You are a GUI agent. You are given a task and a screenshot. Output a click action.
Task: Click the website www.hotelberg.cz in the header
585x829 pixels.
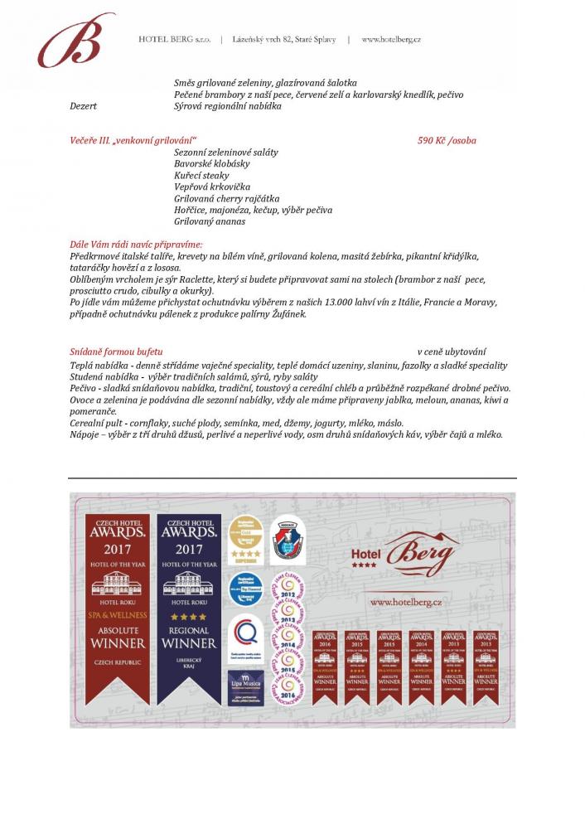click(x=391, y=39)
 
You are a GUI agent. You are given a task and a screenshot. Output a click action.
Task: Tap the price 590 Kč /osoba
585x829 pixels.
click(x=447, y=141)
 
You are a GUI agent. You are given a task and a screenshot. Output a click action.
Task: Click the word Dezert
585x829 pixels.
click(x=83, y=107)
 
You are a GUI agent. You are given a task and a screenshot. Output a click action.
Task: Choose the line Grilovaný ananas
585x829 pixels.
click(x=210, y=222)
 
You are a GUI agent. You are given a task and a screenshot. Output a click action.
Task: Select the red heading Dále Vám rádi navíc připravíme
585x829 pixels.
click(x=136, y=245)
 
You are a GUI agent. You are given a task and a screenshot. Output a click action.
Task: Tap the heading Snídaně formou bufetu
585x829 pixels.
click(x=116, y=351)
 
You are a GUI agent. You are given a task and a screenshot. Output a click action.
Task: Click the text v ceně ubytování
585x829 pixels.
click(x=452, y=351)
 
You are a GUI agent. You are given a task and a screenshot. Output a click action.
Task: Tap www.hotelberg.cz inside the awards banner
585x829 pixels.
click(x=405, y=602)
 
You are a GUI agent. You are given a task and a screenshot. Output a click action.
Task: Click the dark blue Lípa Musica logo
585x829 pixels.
click(x=245, y=687)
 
